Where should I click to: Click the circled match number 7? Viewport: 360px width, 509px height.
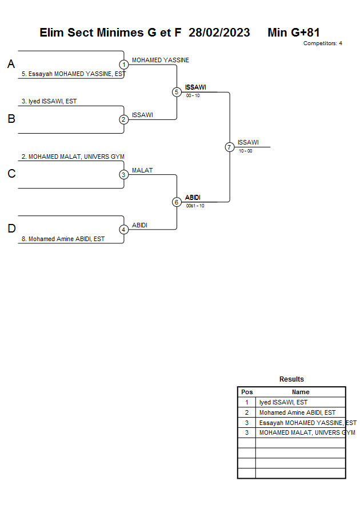point(230,147)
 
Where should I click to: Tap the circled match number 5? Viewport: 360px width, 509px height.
point(177,92)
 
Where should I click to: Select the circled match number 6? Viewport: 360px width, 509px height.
point(177,202)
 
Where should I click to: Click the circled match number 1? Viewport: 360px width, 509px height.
point(123,65)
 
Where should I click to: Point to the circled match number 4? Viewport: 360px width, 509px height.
point(123,230)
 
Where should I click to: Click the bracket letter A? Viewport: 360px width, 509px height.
point(11,64)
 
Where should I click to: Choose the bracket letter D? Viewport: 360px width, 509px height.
point(11,229)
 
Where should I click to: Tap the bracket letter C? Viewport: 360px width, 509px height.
point(11,174)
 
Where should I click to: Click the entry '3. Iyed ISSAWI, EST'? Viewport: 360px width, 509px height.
point(49,101)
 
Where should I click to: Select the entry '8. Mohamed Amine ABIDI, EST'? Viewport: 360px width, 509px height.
point(63,239)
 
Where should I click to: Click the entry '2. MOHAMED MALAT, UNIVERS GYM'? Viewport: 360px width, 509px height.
point(73,157)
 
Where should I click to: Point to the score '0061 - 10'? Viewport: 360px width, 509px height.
point(195,206)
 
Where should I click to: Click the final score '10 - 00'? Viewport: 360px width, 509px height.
point(245,151)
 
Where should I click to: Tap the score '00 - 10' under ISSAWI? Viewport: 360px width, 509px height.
point(193,96)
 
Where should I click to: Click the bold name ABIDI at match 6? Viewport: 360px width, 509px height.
point(193,197)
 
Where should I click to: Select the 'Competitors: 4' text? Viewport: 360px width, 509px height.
point(323,43)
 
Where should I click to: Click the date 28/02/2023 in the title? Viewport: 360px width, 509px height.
point(219,33)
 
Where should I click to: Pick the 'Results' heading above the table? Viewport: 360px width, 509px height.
point(291,379)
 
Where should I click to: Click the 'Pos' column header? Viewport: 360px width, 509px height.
point(247,392)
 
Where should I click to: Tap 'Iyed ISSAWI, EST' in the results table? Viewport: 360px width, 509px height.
point(283,402)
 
